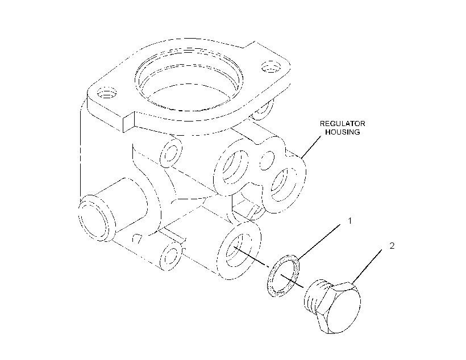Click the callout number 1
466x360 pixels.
[x=350, y=221]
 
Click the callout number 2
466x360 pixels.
[x=392, y=246]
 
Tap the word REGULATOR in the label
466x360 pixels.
[x=342, y=124]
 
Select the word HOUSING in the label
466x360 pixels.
[x=343, y=132]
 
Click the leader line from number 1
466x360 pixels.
[x=319, y=241]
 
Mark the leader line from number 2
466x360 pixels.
[x=367, y=266]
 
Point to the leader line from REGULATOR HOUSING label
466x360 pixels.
[x=311, y=146]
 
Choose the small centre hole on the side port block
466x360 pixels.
[x=267, y=161]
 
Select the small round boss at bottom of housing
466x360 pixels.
[x=170, y=256]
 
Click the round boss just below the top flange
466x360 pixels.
[x=171, y=152]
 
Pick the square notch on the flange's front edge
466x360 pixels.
[x=128, y=123]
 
